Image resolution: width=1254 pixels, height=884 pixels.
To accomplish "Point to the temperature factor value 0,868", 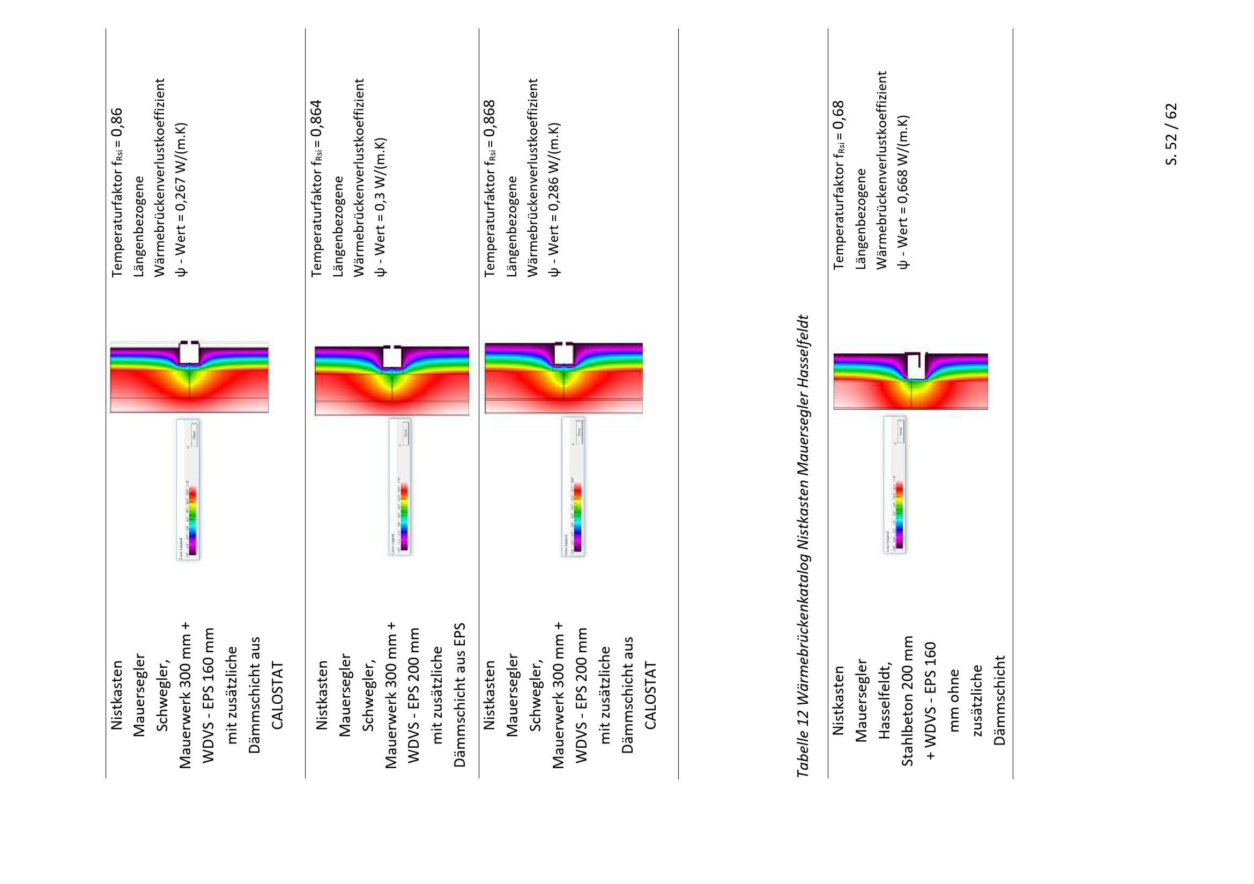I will pos(491,118).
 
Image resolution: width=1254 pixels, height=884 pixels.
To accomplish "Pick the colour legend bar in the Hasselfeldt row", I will pos(899,513).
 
